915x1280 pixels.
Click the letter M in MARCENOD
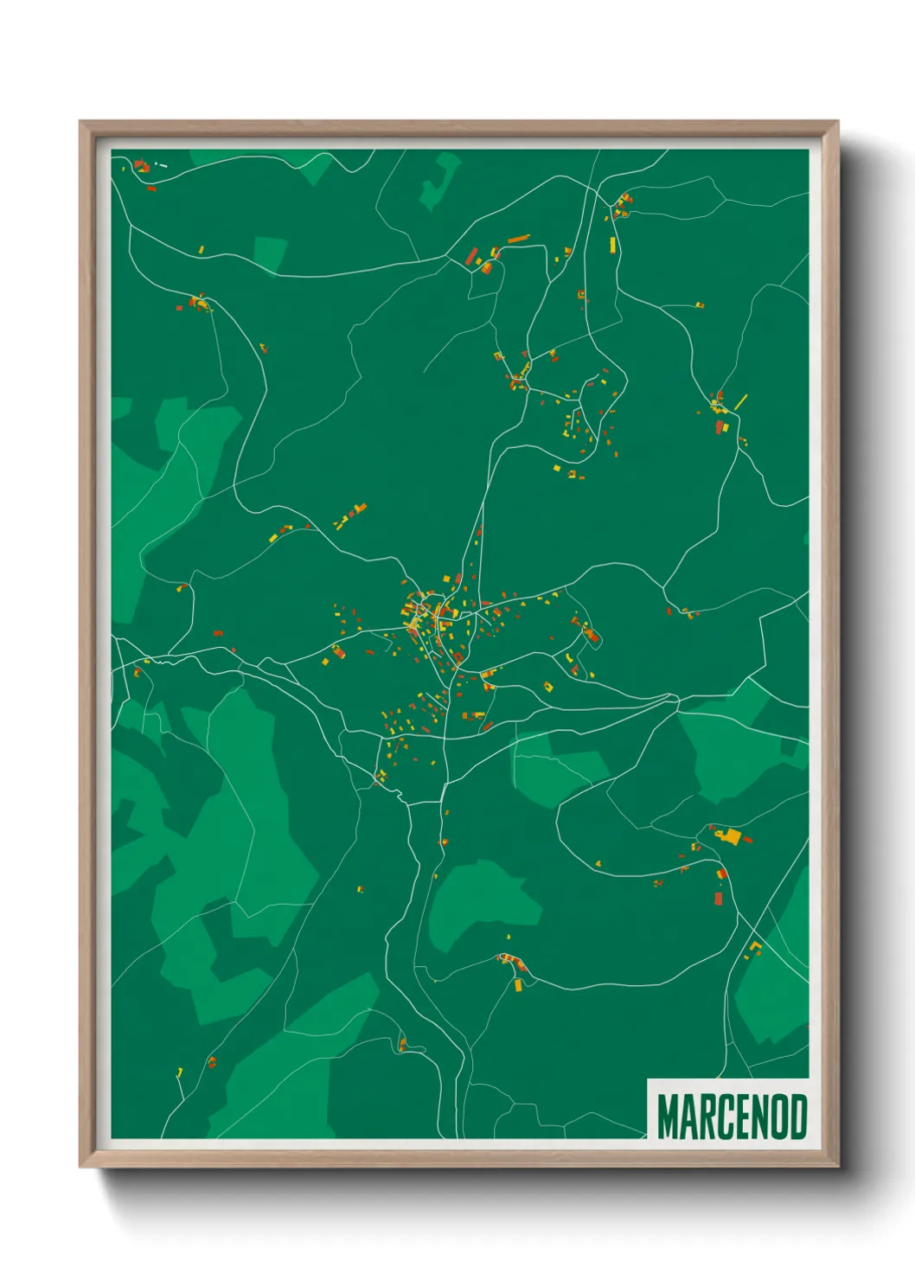click(x=668, y=1117)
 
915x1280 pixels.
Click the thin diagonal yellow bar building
click(x=740, y=402)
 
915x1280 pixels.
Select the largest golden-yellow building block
click(x=732, y=836)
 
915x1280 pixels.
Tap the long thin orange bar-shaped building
click(x=518, y=239)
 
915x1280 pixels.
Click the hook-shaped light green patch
click(x=441, y=180)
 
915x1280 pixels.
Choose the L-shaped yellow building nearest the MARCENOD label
click(x=754, y=948)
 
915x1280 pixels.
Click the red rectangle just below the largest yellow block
click(x=718, y=899)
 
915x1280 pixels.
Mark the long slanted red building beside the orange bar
click(x=472, y=256)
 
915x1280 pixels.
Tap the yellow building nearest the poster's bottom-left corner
click(x=180, y=1072)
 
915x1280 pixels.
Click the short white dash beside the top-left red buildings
click(x=162, y=165)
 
